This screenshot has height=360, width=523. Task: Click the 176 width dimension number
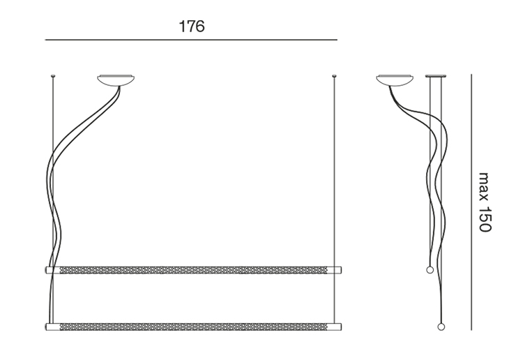coord(192,27)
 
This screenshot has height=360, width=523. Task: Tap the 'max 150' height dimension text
coord(485,202)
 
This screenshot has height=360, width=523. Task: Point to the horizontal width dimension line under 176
coord(191,40)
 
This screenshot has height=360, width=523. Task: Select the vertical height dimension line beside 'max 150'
coord(471,202)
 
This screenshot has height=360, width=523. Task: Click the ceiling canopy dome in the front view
coord(116,80)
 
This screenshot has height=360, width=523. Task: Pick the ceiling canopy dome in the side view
coord(395,80)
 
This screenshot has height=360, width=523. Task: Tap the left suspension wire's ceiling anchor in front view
coord(53,77)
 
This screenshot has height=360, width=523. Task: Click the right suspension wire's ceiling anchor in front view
coord(334,77)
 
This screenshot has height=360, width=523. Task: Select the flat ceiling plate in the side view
coord(436,76)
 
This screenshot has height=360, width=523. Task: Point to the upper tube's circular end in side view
coord(430,270)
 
